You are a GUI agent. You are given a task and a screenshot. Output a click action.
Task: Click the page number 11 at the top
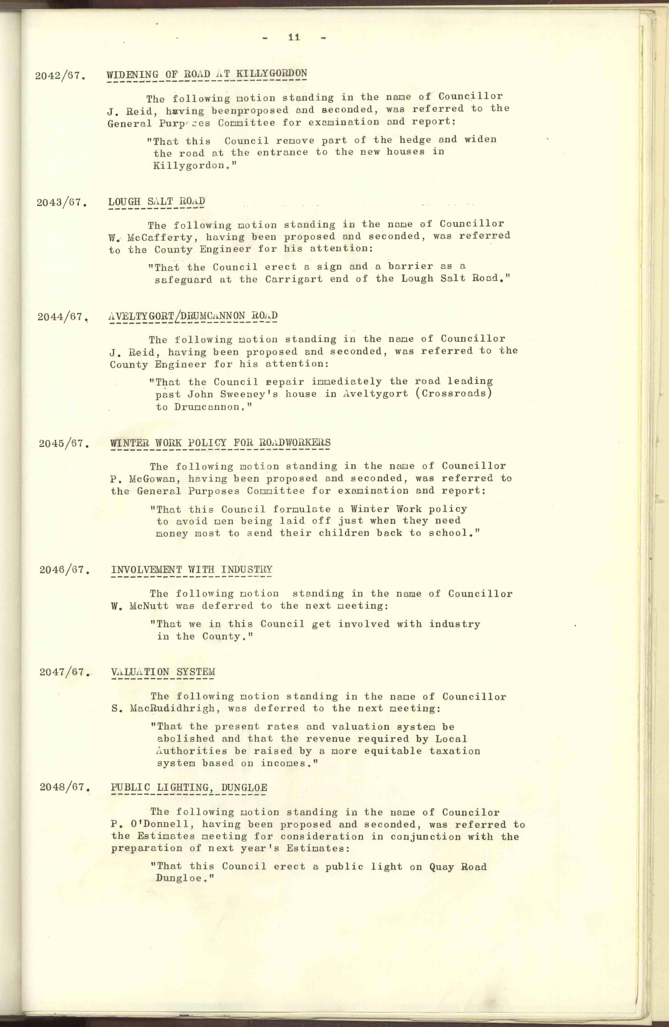(294, 38)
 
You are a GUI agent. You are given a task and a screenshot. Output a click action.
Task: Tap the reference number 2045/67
(64, 444)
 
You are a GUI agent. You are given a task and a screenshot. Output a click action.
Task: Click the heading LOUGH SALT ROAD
(156, 202)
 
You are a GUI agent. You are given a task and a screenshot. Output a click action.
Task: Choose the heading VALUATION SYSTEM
(163, 672)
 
